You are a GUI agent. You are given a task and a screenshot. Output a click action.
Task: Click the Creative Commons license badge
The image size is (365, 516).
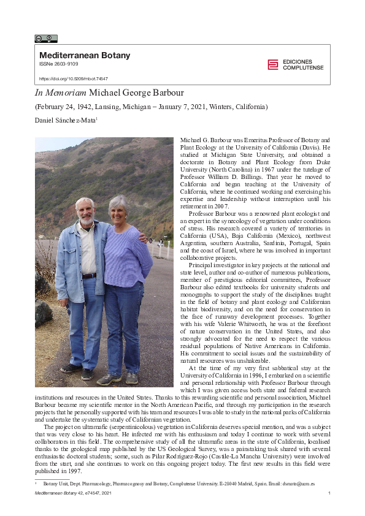point(45,39)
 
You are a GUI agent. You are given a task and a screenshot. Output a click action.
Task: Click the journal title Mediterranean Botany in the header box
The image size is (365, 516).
point(85,55)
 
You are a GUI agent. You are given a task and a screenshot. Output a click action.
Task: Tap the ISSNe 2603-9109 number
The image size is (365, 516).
point(59,64)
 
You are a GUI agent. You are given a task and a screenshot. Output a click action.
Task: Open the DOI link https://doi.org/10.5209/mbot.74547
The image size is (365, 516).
point(74,79)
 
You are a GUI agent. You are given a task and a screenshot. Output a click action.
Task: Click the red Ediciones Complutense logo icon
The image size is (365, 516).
point(273,64)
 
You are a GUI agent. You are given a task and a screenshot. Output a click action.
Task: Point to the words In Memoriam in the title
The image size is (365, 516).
point(60,93)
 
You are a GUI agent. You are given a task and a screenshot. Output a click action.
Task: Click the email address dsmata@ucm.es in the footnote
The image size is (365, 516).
point(300,484)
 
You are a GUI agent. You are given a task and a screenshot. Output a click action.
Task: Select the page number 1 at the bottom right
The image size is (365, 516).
point(329,493)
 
